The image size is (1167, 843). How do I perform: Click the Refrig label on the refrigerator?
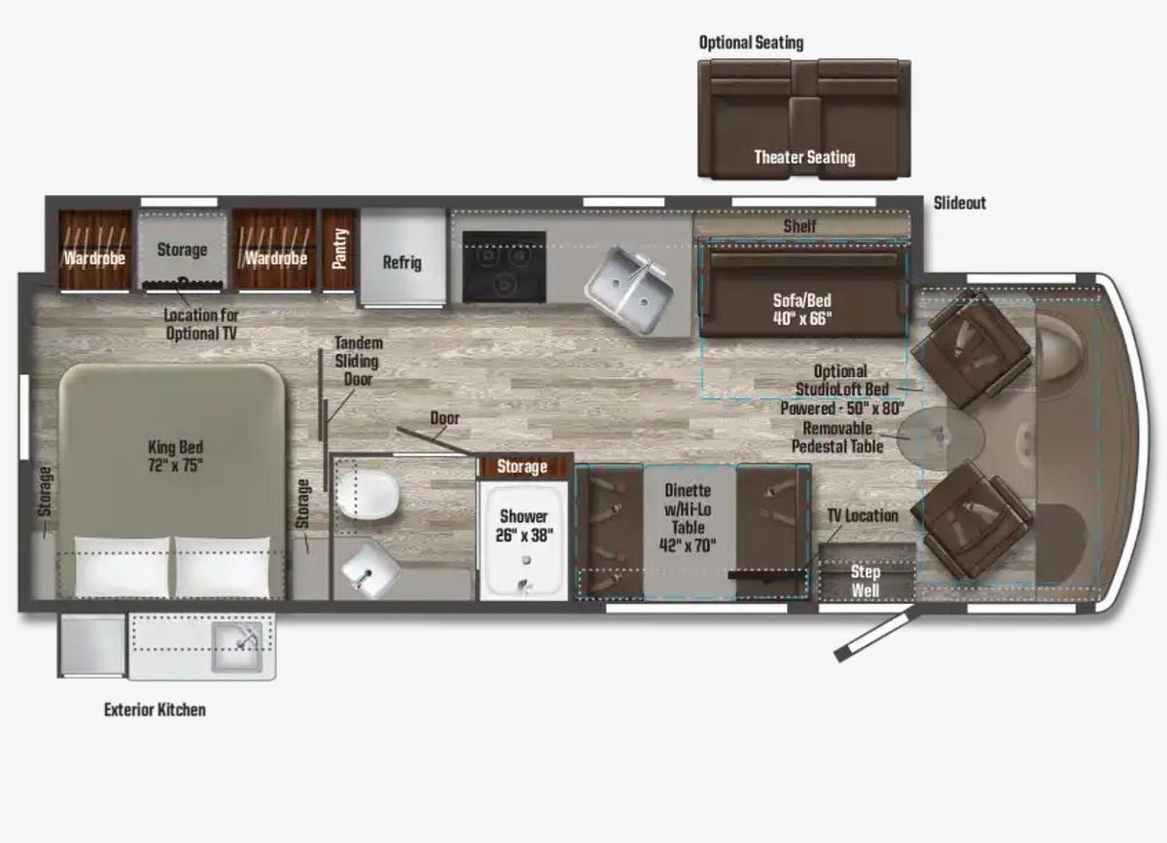(402, 263)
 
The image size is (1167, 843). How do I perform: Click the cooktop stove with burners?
(503, 267)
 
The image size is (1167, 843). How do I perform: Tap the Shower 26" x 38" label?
(523, 525)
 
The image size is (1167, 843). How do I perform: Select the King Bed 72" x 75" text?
(176, 456)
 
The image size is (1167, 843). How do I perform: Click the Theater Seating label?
(804, 157)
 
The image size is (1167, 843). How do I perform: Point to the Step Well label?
(866, 580)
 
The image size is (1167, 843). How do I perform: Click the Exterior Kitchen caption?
(155, 710)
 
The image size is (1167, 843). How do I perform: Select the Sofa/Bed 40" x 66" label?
(801, 309)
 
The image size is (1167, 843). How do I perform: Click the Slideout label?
(959, 203)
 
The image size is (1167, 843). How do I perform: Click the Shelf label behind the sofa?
(800, 226)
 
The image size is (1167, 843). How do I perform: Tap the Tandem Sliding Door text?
(358, 361)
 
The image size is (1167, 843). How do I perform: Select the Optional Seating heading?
(751, 43)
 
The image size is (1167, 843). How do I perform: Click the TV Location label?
(863, 515)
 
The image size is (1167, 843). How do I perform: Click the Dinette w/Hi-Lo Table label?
(688, 518)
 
